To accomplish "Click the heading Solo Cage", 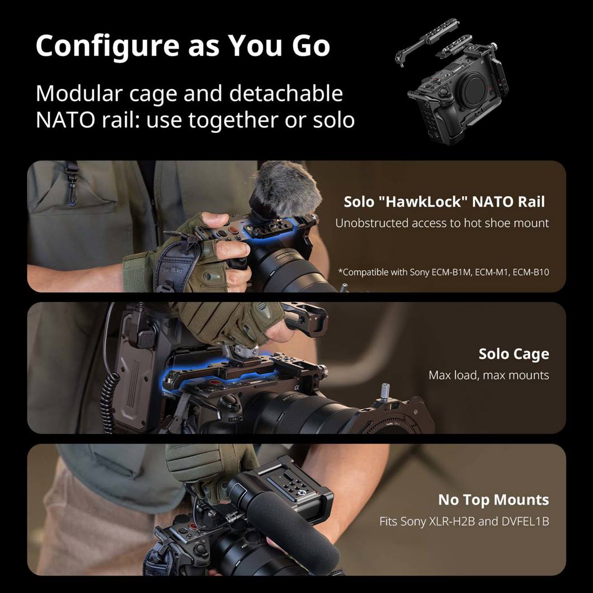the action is pos(514,354).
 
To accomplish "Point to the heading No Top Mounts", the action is pos(493,500).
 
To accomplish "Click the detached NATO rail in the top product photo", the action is pos(427,41).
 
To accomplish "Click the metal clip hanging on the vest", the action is pos(71,185).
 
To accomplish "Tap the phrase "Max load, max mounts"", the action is pos(488,375).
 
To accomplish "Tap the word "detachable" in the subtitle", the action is pos(286,93).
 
